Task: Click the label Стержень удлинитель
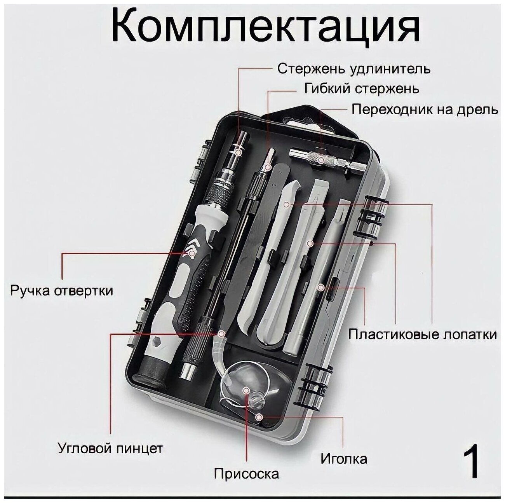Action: pos(353,69)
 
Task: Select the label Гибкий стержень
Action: pos(362,89)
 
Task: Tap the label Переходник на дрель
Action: pos(425,109)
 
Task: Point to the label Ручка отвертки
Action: pos(62,291)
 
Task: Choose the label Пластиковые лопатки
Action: pos(422,334)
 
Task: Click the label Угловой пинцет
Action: pos(110,448)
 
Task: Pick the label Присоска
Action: pos(246,474)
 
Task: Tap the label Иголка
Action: pos(343,459)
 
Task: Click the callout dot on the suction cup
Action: pos(246,390)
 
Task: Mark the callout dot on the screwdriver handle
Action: pos(192,253)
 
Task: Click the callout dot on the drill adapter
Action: pos(321,159)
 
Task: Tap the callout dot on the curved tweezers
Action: pos(221,334)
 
